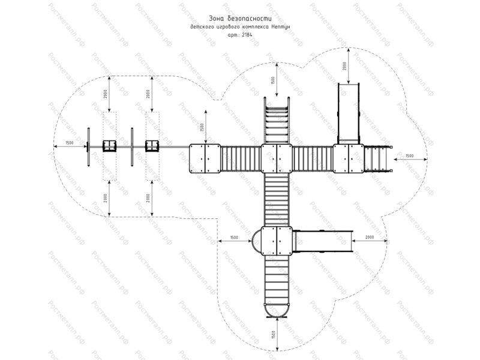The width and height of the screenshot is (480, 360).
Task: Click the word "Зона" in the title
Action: pyautogui.click(x=217, y=19)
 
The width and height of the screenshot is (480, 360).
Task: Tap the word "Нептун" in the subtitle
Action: pyautogui.click(x=281, y=27)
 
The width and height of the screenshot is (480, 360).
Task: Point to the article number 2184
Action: pyautogui.click(x=247, y=35)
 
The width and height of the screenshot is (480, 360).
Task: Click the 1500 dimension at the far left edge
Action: pyautogui.click(x=70, y=143)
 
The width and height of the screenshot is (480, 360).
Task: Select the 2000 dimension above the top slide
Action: pyautogui.click(x=345, y=66)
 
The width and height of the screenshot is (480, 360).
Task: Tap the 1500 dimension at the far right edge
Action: pyautogui.click(x=409, y=156)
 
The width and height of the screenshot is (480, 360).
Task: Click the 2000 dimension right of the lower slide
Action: pyautogui.click(x=369, y=238)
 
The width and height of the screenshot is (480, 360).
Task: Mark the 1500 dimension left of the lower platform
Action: pyautogui.click(x=234, y=238)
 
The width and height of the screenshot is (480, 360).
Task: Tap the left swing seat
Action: pyautogui.click(x=109, y=146)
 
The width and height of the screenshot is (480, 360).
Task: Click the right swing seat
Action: pyautogui.click(x=151, y=146)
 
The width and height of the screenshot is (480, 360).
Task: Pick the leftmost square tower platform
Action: pyautogui.click(x=205, y=158)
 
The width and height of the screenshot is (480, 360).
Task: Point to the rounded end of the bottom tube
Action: pyautogui.click(x=277, y=308)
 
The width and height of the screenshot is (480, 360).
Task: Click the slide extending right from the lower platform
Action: pyautogui.click(x=323, y=241)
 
